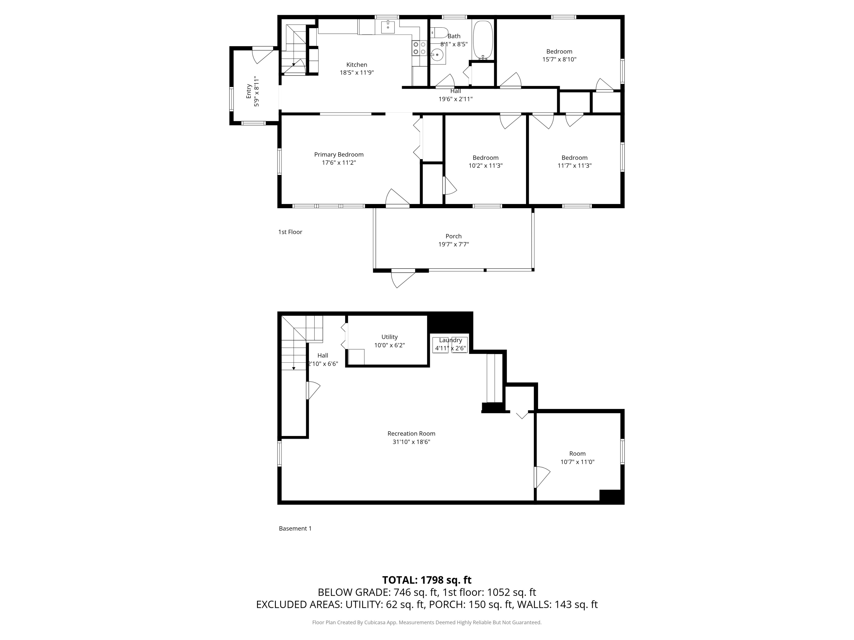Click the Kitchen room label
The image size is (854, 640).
point(356,65)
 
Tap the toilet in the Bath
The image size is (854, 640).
point(439,32)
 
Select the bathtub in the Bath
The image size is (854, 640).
point(483,39)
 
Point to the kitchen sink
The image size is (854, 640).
point(388,27)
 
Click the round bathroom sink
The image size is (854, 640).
point(437,55)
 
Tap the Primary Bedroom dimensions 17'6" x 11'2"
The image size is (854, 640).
point(338,163)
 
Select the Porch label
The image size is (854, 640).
point(453,236)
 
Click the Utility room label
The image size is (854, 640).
point(389,337)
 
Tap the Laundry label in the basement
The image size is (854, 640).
point(450,340)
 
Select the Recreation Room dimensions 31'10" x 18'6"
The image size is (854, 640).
point(411,442)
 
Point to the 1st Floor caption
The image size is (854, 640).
point(290,232)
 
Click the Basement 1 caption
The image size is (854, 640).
point(295,528)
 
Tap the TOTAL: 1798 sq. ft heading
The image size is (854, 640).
point(427,580)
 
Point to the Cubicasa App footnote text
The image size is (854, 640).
point(427,622)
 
